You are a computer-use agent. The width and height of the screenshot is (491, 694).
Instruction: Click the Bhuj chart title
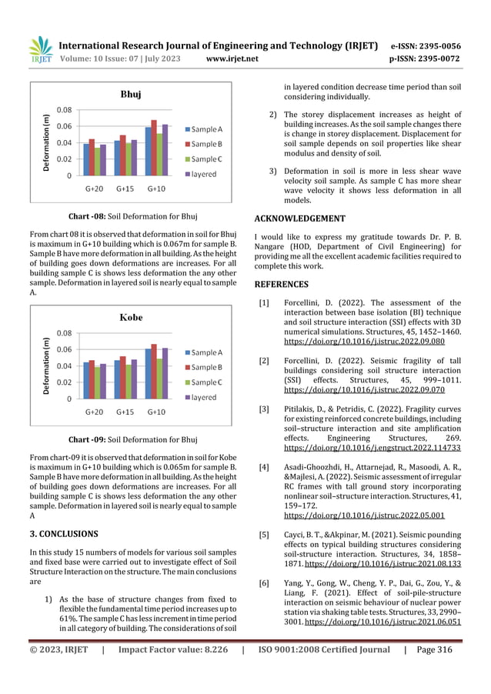coord(130,95)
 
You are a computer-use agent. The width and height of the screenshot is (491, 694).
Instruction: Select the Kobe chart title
coord(130,317)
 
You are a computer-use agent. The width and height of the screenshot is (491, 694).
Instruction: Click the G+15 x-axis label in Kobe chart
coord(125,412)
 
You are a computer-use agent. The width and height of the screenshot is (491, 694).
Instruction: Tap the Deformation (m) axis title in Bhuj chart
coord(46,143)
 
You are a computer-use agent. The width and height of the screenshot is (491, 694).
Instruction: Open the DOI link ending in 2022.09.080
coord(364,340)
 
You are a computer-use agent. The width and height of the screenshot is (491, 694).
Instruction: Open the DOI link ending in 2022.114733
coord(372,447)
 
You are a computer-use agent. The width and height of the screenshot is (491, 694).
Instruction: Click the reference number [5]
coord(263,534)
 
